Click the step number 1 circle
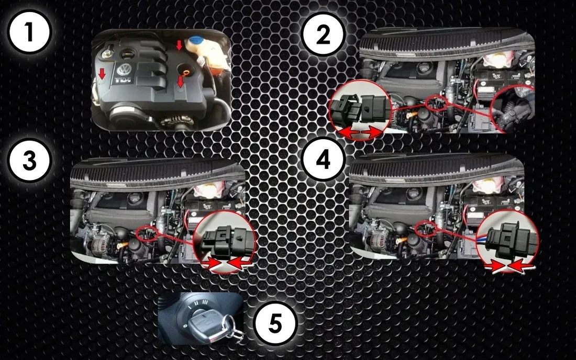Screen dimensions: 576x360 [29, 32]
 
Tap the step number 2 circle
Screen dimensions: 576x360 [323, 35]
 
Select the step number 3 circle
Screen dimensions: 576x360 [29, 160]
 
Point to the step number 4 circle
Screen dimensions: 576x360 [323, 160]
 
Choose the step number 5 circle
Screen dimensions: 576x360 [275, 323]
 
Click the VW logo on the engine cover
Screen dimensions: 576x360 [124, 70]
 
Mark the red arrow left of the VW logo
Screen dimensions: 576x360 [102, 74]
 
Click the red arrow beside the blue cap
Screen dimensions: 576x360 [179, 45]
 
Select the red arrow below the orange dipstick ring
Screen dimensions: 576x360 [180, 81]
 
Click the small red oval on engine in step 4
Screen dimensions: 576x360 [426, 230]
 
